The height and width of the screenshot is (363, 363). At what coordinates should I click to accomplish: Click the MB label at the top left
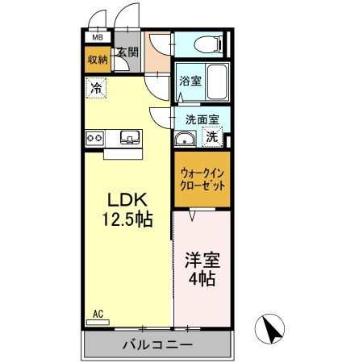coord(97,38)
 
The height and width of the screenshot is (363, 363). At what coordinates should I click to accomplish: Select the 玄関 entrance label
coord(127,52)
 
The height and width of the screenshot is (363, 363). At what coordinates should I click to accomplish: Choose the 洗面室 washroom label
coord(202,118)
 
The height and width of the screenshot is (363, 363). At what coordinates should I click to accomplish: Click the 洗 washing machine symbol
coord(211,137)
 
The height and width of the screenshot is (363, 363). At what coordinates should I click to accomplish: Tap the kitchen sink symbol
coord(129,137)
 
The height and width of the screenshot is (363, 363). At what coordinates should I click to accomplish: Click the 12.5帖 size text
coord(127,219)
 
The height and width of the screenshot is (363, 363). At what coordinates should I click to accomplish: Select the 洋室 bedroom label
coord(202,261)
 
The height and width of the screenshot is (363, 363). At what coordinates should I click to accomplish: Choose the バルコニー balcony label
coord(157,344)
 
